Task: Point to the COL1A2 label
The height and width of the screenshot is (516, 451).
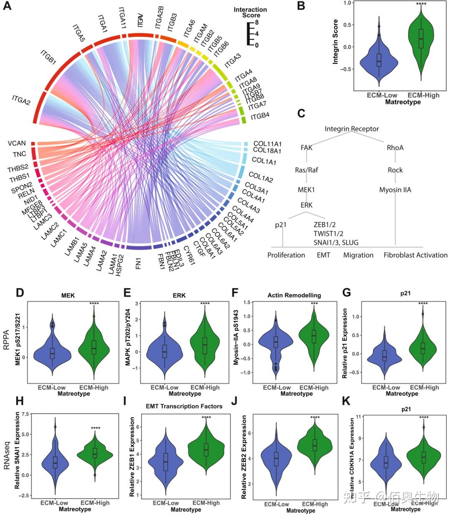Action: (261, 177)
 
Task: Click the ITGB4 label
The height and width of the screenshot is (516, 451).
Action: (260, 117)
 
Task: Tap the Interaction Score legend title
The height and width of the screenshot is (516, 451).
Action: (250, 12)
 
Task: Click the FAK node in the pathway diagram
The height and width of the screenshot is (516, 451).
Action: (306, 147)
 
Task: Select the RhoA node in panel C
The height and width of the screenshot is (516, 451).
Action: (395, 147)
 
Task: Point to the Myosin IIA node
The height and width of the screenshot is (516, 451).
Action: (395, 190)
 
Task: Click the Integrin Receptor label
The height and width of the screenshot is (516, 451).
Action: (352, 129)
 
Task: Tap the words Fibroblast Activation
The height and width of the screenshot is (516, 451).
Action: (415, 255)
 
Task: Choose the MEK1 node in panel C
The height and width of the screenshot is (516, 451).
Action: (306, 190)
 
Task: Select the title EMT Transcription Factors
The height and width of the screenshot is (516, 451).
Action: (184, 406)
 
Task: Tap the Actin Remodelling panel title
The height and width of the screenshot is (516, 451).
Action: (294, 295)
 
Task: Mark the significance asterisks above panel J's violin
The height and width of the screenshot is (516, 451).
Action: (315, 417)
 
